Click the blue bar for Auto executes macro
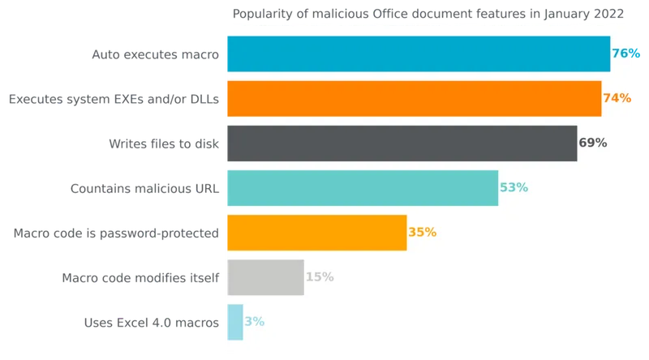tap(419, 54)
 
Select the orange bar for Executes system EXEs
tap(415, 98)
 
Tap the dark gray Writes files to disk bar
tap(402, 144)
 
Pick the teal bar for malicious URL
tap(363, 188)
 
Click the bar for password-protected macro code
tap(317, 233)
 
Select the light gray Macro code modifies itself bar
tap(265, 277)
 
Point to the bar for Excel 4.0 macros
tap(235, 322)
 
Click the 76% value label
tap(625, 54)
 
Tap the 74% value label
tap(617, 98)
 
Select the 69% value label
tap(593, 143)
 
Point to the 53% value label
tap(514, 187)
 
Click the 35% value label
tap(422, 232)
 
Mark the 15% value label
tap(320, 276)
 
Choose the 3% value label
tap(254, 322)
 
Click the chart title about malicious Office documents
tap(428, 14)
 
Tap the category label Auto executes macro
tap(155, 54)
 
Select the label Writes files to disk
tap(164, 144)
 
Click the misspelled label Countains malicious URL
tap(144, 189)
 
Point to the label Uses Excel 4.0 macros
tap(152, 323)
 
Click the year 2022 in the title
tap(608, 14)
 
